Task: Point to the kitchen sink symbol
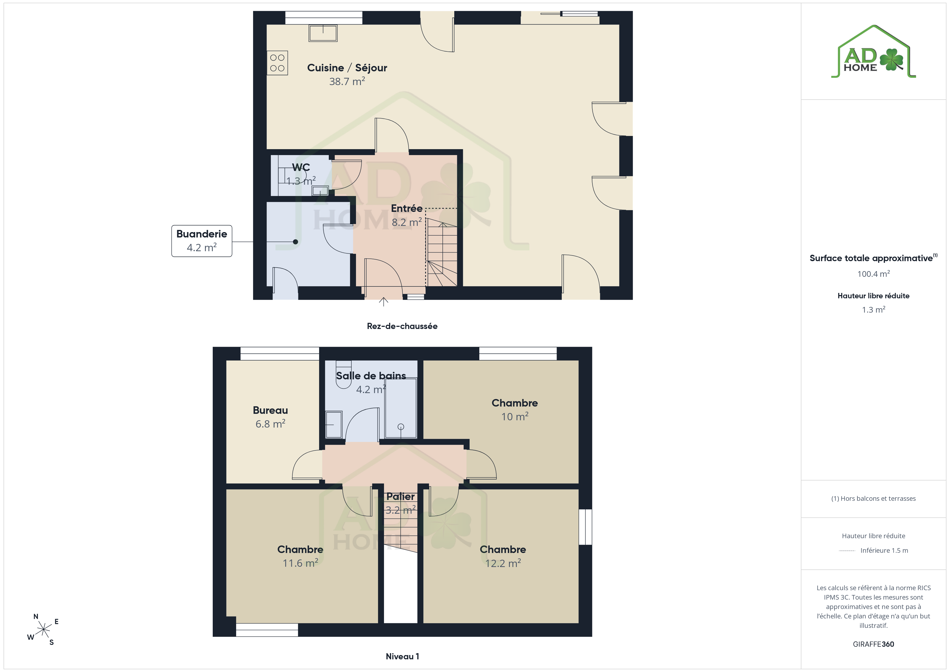tap(323, 33)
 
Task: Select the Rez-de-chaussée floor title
tap(402, 326)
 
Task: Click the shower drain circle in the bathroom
tap(400, 427)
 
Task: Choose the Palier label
tap(400, 496)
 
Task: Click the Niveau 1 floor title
tap(402, 656)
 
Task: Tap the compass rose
tap(43, 630)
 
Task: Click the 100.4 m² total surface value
tap(874, 274)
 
